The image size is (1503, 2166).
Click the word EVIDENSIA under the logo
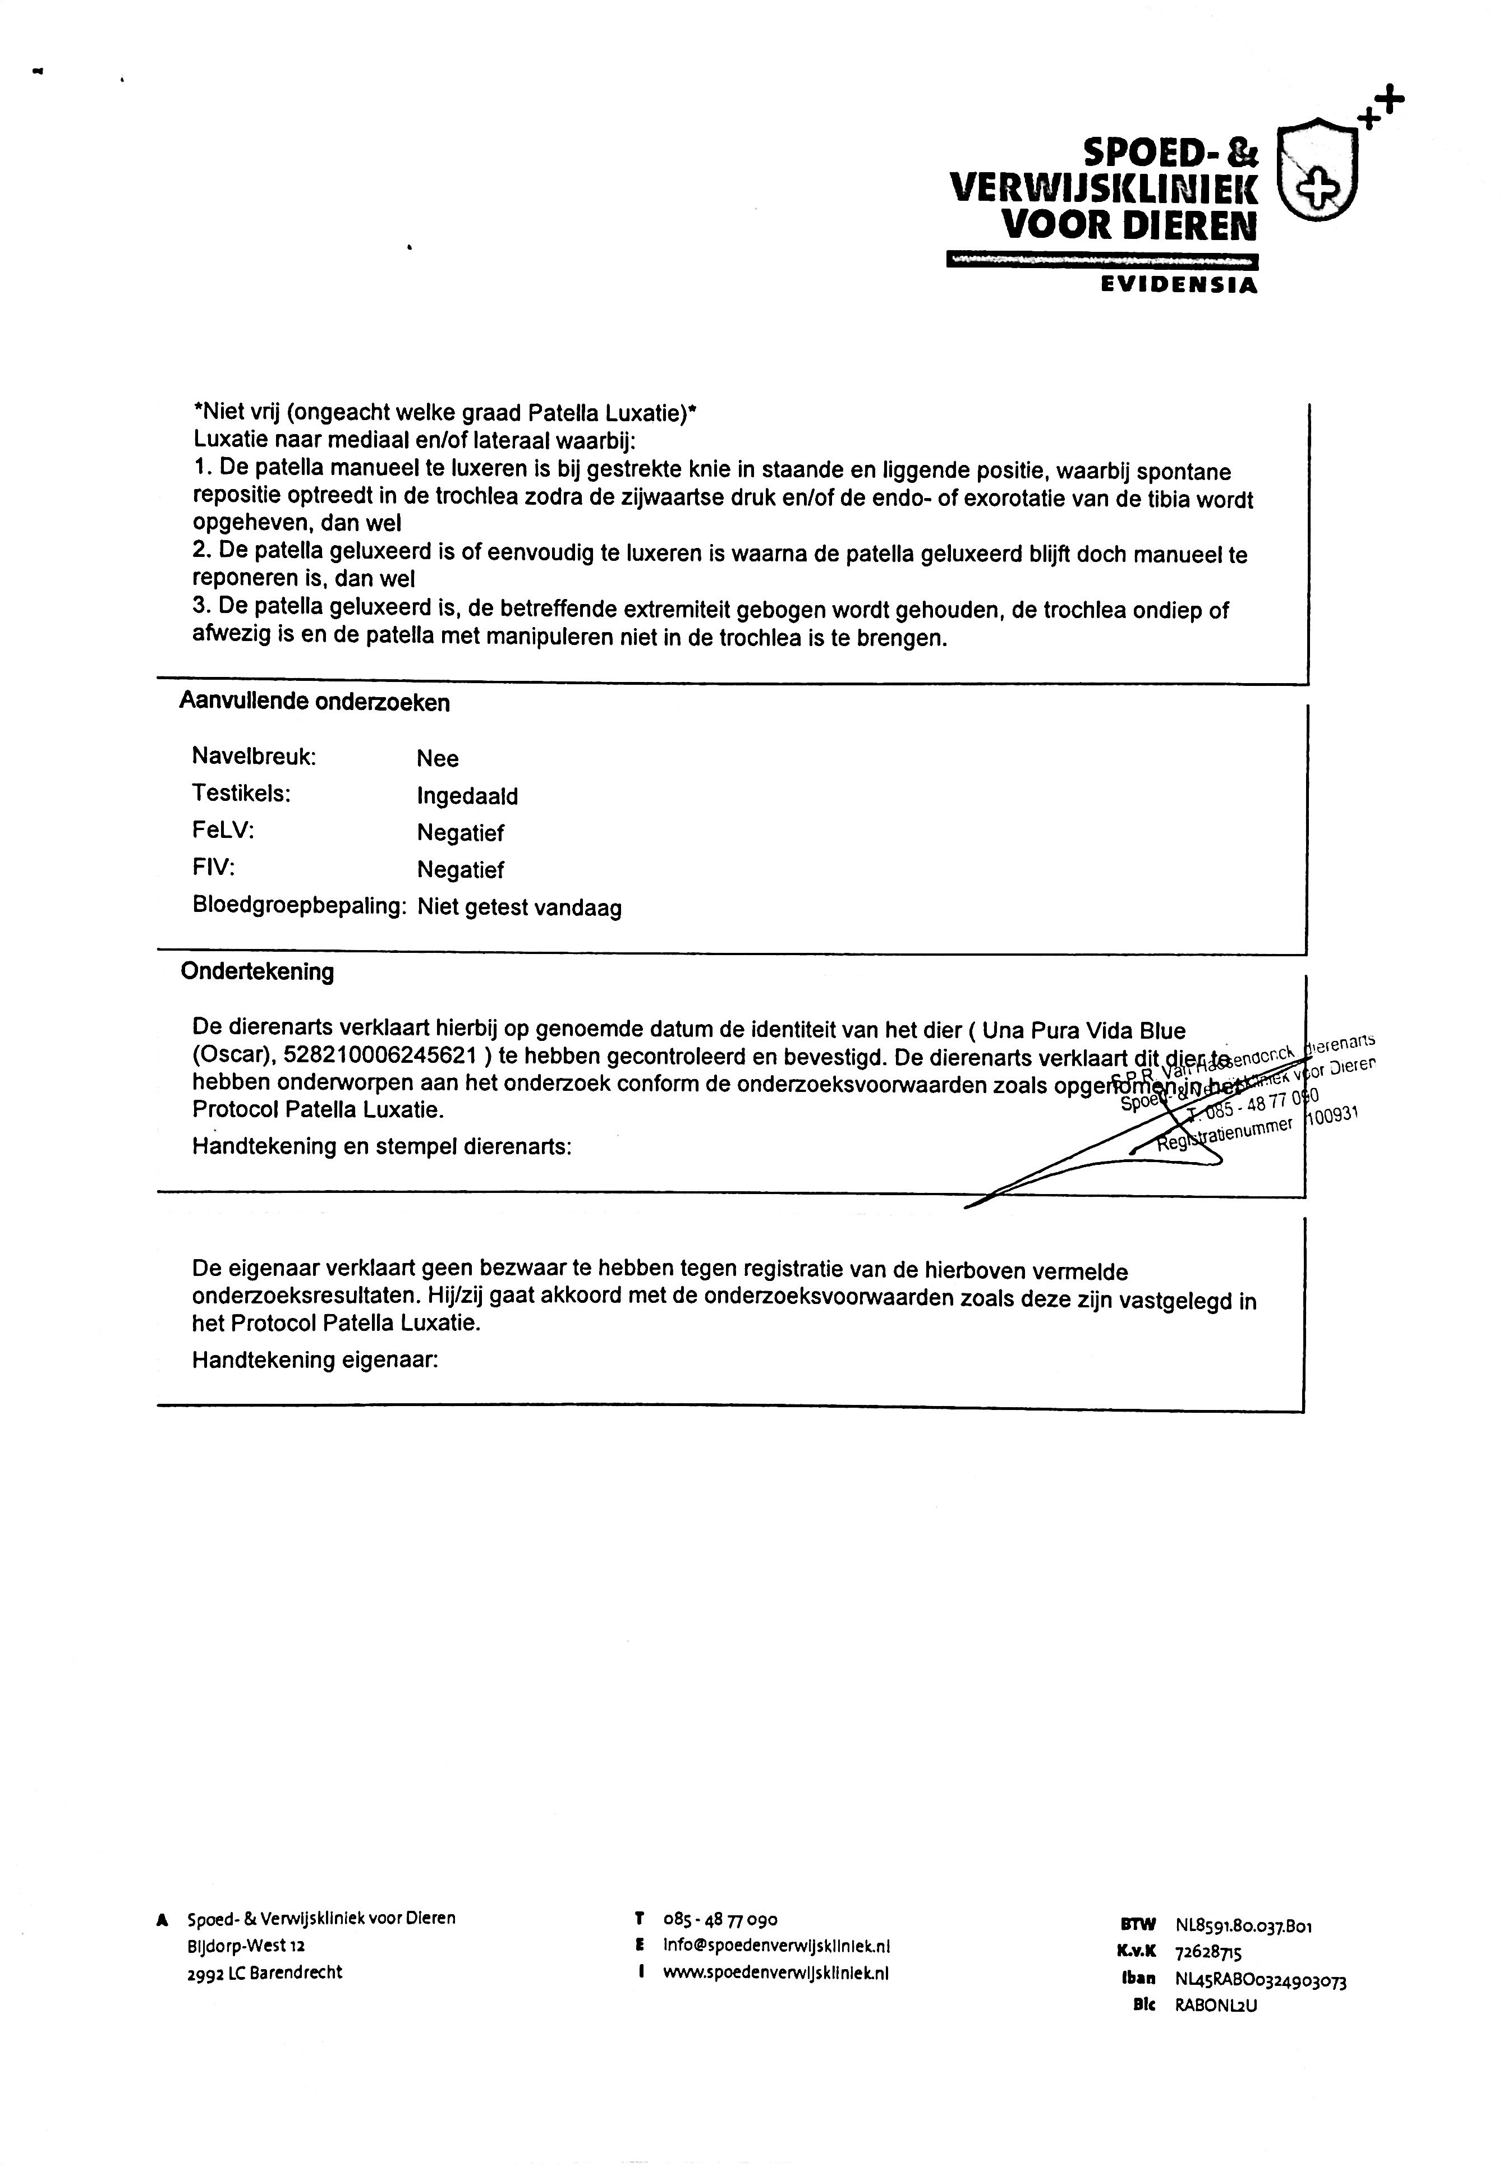pos(1179,286)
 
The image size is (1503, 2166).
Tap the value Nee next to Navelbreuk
pos(438,759)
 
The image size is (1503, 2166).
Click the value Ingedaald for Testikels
pos(467,796)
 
